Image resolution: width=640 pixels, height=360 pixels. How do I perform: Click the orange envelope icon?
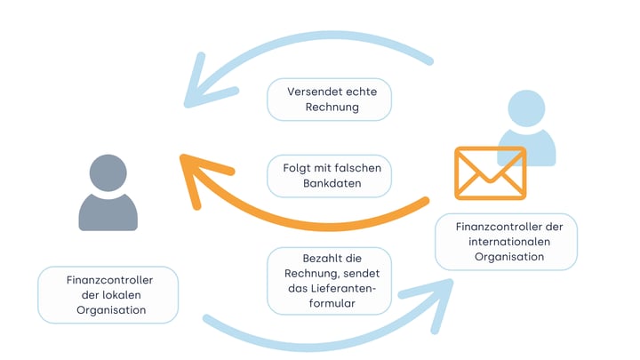point(490,172)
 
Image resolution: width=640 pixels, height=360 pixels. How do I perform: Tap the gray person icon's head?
point(108,172)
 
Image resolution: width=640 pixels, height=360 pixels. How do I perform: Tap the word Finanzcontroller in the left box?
point(108,279)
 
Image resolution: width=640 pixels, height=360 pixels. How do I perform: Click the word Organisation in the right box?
point(506,258)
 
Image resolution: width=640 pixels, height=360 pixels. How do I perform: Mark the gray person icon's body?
point(108,212)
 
